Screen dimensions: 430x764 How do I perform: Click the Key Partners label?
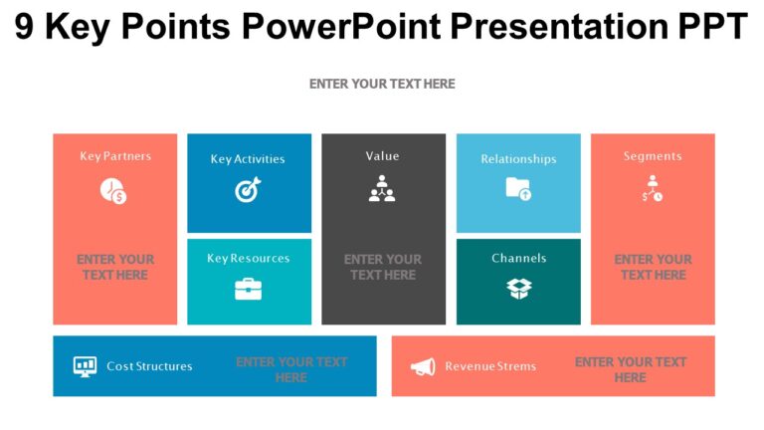tap(115, 156)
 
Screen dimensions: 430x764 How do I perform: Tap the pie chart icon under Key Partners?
tap(113, 190)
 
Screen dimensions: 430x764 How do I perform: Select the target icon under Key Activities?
tap(248, 189)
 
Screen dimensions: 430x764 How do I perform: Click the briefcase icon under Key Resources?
tap(248, 290)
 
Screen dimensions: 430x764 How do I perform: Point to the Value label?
tap(382, 156)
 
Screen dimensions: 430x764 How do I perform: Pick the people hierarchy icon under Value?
tap(382, 189)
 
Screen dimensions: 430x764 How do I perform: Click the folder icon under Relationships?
tap(518, 188)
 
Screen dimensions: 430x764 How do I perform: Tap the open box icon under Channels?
tap(518, 289)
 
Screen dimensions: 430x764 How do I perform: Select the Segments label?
tap(653, 156)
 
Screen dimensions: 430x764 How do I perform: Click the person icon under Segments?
tap(652, 189)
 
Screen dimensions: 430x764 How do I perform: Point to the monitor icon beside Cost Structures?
tap(85, 366)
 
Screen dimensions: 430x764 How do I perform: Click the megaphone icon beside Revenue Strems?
tap(423, 366)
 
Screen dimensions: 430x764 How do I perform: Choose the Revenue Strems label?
tap(490, 366)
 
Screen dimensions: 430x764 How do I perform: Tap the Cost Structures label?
tap(149, 366)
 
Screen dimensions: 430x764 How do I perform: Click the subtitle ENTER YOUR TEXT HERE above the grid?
tap(382, 85)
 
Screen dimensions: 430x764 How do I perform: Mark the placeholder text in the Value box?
tap(382, 267)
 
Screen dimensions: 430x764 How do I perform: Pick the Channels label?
tap(518, 258)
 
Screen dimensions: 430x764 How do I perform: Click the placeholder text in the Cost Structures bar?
tap(291, 369)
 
